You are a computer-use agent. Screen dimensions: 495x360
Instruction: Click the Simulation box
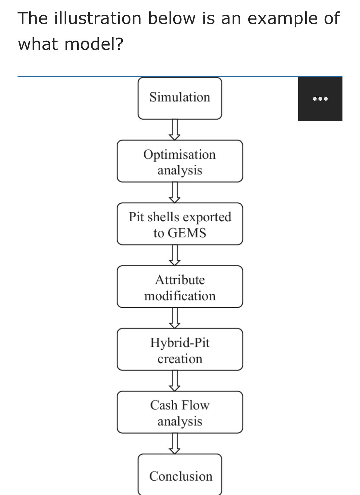(x=180, y=98)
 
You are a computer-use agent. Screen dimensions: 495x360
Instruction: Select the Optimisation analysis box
(x=180, y=161)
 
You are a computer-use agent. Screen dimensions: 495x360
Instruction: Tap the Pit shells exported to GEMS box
(x=180, y=224)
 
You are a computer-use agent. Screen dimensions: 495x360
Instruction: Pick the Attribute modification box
(x=180, y=287)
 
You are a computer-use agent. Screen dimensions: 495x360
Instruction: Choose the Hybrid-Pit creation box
(x=180, y=350)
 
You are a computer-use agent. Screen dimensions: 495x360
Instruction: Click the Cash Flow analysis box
(x=180, y=412)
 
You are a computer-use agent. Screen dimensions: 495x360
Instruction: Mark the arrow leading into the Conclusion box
(x=174, y=444)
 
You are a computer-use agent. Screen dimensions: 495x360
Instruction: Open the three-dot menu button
(x=320, y=99)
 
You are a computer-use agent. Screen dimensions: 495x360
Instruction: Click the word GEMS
(x=191, y=233)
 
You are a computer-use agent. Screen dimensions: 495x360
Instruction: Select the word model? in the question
(x=94, y=44)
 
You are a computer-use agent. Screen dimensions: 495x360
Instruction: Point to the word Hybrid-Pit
(x=180, y=343)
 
